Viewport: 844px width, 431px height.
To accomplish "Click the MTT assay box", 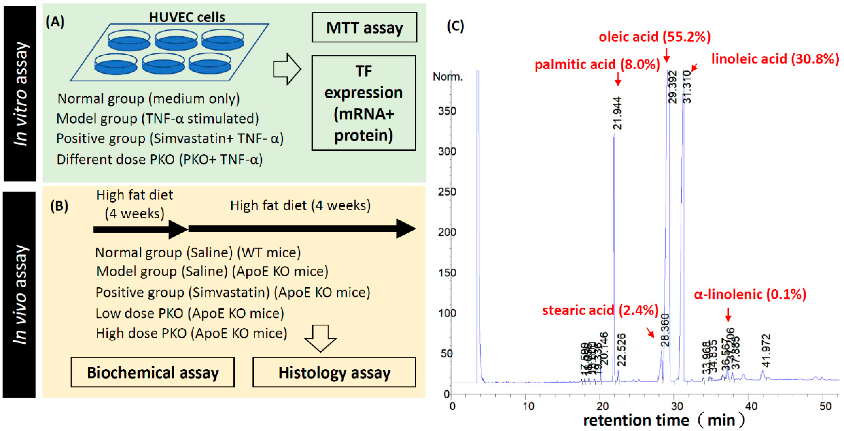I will coord(364,27).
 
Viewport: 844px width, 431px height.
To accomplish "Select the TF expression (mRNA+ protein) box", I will coord(364,103).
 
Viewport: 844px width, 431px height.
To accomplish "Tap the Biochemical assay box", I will coord(153,372).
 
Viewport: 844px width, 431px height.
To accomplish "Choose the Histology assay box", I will coord(334,372).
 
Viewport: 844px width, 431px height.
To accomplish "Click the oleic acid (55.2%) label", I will coord(654,37).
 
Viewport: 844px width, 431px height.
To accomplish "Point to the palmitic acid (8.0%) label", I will coord(597,64).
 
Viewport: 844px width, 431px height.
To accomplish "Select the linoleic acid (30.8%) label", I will coord(775,59).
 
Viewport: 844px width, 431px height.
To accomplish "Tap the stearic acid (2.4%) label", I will coord(600,310).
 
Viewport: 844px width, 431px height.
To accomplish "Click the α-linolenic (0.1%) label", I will coord(750,294).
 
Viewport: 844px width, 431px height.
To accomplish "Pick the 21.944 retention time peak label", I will coord(617,113).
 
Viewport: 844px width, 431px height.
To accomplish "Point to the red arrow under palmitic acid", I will coord(618,79).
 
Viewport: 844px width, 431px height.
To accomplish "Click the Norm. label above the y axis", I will coord(448,77).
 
